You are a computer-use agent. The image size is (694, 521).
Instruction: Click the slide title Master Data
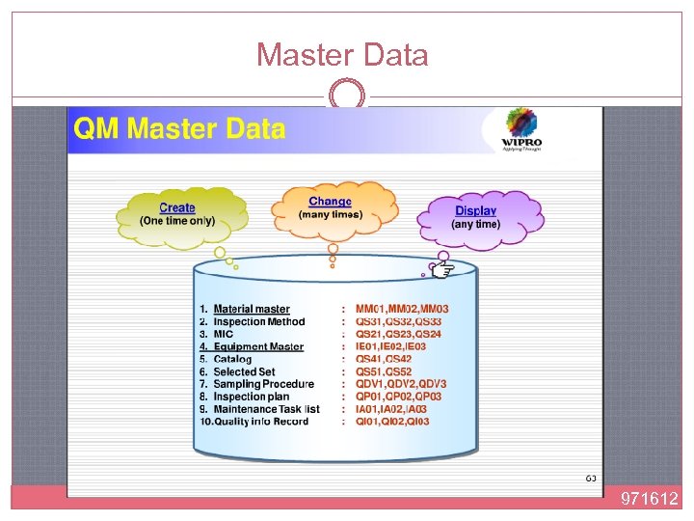pyautogui.click(x=342, y=55)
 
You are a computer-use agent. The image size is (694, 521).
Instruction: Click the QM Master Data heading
pyautogui.click(x=178, y=128)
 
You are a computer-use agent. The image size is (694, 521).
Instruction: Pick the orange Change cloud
pyautogui.click(x=333, y=208)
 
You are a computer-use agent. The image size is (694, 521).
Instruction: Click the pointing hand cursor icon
pyautogui.click(x=442, y=269)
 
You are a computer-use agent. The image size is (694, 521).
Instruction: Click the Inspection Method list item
pyautogui.click(x=258, y=322)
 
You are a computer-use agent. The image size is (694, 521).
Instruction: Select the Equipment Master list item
pyautogui.click(x=258, y=347)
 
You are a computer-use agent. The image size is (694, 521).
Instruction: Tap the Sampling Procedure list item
pyautogui.click(x=263, y=384)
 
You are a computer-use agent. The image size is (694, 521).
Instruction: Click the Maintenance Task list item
pyautogui.click(x=266, y=409)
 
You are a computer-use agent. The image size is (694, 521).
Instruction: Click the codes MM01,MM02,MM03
pyautogui.click(x=402, y=310)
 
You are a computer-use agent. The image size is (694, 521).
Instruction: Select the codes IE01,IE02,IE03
pyautogui.click(x=390, y=347)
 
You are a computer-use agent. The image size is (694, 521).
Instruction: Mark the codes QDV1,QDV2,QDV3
pyautogui.click(x=401, y=384)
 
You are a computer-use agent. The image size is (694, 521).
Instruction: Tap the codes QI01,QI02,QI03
pyautogui.click(x=392, y=422)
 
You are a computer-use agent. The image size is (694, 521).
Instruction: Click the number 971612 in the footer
pyautogui.click(x=649, y=499)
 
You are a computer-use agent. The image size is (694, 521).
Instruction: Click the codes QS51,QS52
pyautogui.click(x=384, y=371)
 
